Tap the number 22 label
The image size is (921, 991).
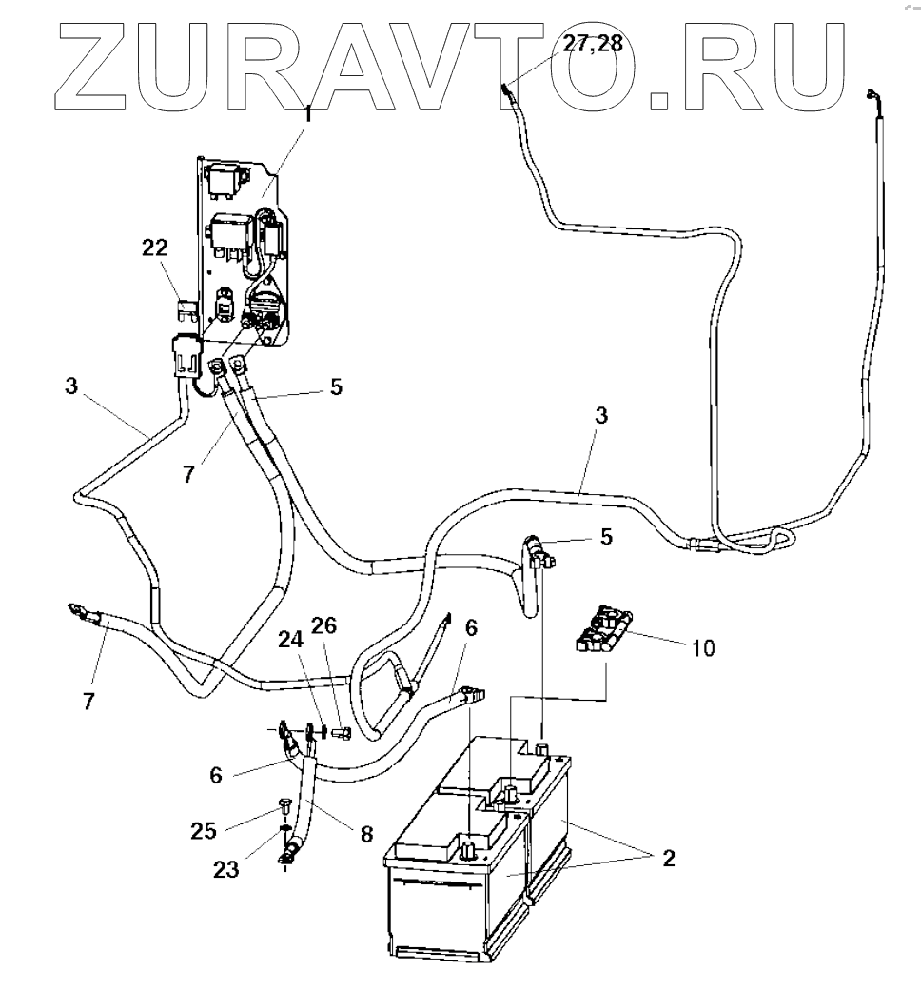pos(155,248)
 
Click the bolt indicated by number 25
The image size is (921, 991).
pos(284,805)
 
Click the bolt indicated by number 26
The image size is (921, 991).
pos(343,733)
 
